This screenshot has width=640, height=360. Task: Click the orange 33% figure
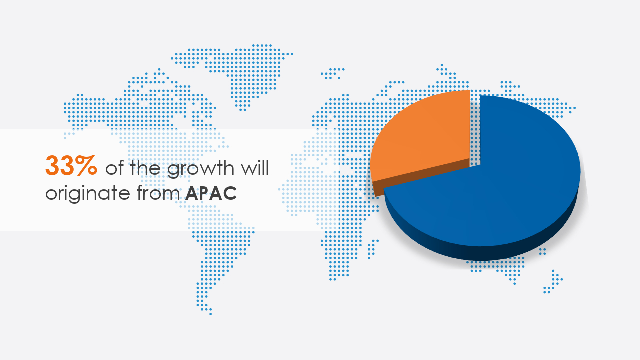(71, 166)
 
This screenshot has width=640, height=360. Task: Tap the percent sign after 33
(86, 166)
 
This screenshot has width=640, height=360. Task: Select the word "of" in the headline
(114, 168)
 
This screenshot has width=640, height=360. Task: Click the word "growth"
(201, 169)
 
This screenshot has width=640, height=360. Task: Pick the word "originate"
(88, 193)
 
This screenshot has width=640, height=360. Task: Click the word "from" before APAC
(158, 192)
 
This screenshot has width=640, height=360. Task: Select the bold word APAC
(211, 193)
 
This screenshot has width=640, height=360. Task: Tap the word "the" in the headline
(145, 167)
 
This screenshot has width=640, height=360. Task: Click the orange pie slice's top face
(423, 137)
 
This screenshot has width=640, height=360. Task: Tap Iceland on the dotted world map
(333, 73)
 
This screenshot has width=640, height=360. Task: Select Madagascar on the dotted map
(372, 249)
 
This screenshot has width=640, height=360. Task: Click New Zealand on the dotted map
(553, 282)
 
